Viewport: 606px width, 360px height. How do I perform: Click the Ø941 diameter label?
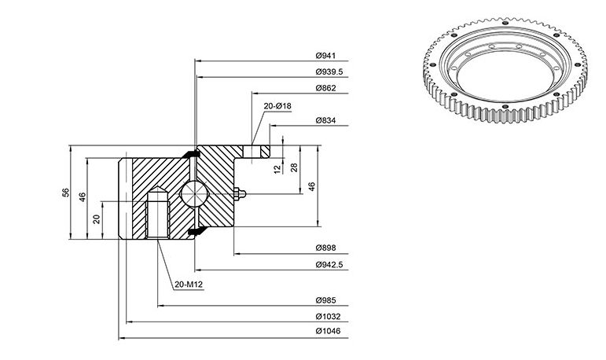tap(325, 56)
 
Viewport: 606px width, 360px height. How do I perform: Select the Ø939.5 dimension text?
tap(329, 72)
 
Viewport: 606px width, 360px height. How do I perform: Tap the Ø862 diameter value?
tap(325, 88)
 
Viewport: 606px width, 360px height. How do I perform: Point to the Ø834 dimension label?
tap(325, 120)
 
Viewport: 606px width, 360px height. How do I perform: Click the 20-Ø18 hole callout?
tap(277, 106)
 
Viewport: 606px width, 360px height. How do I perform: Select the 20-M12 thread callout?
tap(189, 285)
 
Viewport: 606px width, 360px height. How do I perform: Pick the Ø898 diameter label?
tap(325, 248)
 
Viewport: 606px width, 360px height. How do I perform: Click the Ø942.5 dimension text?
tap(329, 265)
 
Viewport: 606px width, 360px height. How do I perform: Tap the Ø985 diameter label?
tap(325, 300)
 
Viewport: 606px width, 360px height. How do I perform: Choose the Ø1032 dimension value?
tap(328, 317)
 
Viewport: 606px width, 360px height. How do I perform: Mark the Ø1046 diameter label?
tap(328, 332)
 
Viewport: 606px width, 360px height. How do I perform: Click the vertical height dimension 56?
tap(66, 193)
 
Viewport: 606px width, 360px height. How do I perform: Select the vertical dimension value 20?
tap(97, 219)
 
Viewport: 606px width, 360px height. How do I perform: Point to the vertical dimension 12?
tap(277, 169)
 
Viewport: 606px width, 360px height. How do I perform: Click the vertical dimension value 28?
tap(294, 167)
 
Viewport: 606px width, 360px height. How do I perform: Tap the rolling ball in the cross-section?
tap(194, 193)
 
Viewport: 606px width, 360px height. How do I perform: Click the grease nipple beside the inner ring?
tap(240, 193)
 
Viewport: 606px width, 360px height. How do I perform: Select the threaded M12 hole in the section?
tap(158, 213)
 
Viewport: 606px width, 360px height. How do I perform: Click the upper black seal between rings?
tap(191, 153)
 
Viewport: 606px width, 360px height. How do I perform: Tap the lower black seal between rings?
tap(196, 231)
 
